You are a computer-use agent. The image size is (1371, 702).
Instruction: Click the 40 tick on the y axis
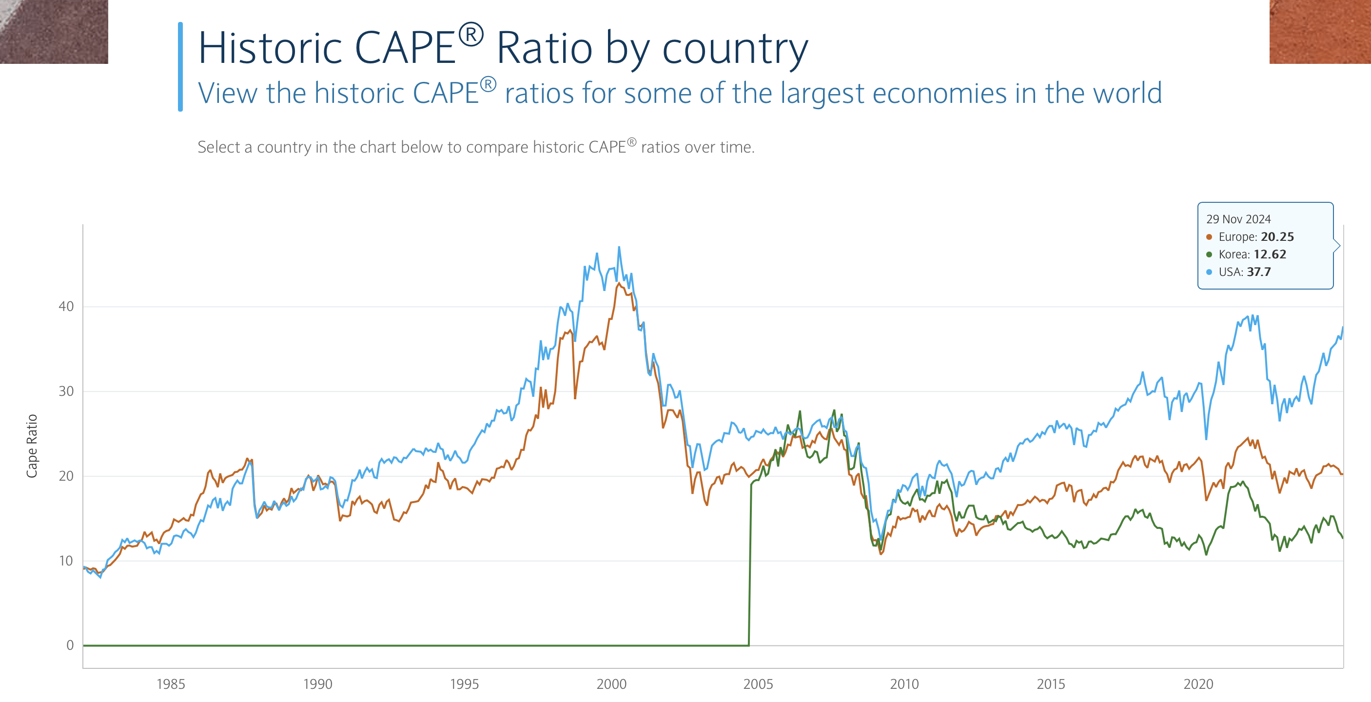pos(66,307)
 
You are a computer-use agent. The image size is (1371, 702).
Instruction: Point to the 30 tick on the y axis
pos(66,391)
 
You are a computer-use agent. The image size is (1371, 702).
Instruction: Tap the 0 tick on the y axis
pos(70,645)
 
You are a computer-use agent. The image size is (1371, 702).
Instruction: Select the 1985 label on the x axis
pos(170,684)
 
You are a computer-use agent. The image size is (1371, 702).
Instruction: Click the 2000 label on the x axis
pos(611,684)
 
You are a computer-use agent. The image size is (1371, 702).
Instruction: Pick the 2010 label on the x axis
pos(904,684)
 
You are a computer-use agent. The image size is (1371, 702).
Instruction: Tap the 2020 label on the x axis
pos(1198,684)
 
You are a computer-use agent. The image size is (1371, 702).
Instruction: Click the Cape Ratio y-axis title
pos(32,446)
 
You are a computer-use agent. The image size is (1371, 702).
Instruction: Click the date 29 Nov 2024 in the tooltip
pos(1238,219)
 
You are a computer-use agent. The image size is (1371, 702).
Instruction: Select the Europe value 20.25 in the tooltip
pos(1277,237)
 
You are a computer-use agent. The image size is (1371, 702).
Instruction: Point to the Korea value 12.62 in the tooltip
pos(1270,254)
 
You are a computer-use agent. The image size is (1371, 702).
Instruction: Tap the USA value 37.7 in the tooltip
pos(1258,272)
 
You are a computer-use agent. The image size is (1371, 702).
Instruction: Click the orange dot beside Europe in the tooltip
pos(1209,237)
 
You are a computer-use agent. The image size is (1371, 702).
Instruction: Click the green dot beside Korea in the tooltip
pos(1209,254)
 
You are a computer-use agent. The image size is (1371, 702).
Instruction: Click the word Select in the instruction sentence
pos(218,147)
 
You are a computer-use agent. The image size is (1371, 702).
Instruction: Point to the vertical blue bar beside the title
pos(180,66)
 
